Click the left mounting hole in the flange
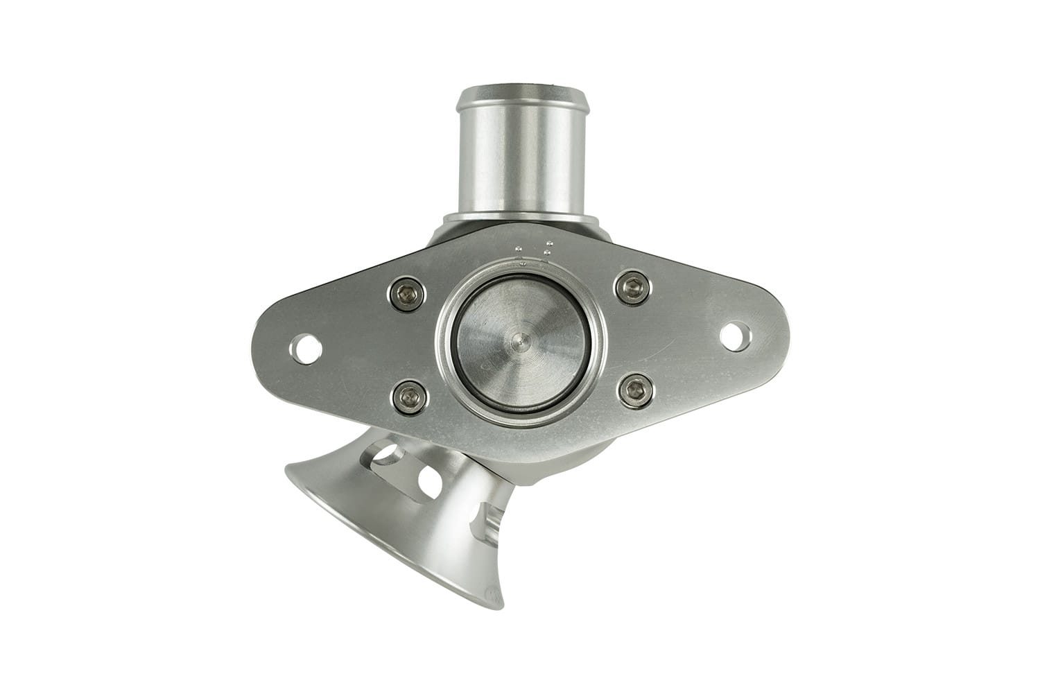(304, 348)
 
